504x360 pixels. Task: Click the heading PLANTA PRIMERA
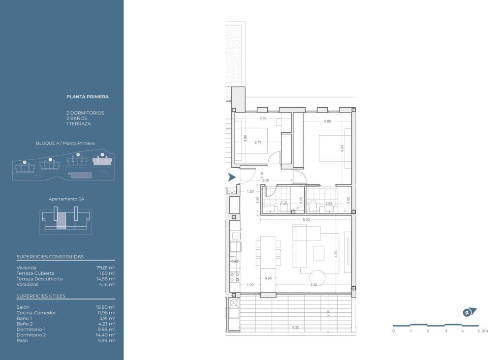[x=87, y=97]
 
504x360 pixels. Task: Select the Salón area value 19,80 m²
[x=105, y=307]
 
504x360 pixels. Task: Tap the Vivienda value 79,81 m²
[x=105, y=268]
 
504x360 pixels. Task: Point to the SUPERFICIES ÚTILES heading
[x=41, y=296]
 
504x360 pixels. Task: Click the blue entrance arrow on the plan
[x=231, y=178]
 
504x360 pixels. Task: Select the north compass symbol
[x=469, y=312]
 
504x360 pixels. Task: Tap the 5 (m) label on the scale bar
[x=482, y=331]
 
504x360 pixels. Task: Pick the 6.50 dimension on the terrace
[x=296, y=328]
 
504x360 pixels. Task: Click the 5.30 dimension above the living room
[x=306, y=219]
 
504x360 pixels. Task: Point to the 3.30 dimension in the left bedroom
[x=263, y=119]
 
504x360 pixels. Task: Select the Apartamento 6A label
[x=66, y=199]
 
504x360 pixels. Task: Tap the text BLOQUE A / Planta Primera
[x=65, y=143]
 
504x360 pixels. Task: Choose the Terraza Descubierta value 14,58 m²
[x=105, y=279]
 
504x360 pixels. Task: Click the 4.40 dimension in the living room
[x=313, y=285]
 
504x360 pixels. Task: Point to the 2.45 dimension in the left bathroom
[x=283, y=203]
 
